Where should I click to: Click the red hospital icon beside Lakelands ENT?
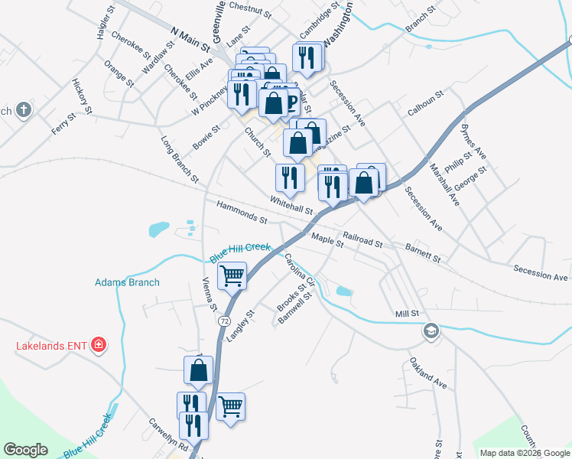click(x=98, y=346)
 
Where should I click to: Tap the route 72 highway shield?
click(x=223, y=320)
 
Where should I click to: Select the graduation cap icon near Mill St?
click(x=431, y=331)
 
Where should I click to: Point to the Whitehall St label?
click(x=291, y=204)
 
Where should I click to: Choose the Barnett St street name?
click(x=424, y=254)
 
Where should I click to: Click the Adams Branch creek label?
click(x=127, y=282)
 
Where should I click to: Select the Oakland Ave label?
click(x=427, y=373)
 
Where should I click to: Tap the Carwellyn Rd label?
click(x=168, y=433)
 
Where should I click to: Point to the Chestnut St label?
click(x=250, y=10)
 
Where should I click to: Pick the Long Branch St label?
click(x=180, y=160)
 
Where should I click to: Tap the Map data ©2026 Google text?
click(x=525, y=453)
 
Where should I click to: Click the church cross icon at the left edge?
click(x=23, y=109)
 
